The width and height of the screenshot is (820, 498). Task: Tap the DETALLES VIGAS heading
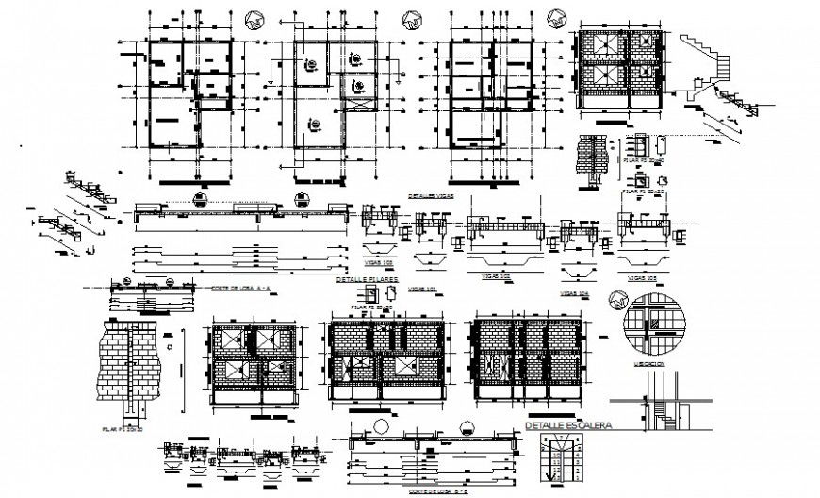click(429, 195)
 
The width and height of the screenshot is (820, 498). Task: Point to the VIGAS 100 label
click(380, 254)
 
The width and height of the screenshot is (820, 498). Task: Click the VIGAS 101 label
click(425, 289)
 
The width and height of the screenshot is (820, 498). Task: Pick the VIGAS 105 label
click(642, 279)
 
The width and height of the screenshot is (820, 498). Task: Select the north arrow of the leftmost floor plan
click(253, 19)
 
